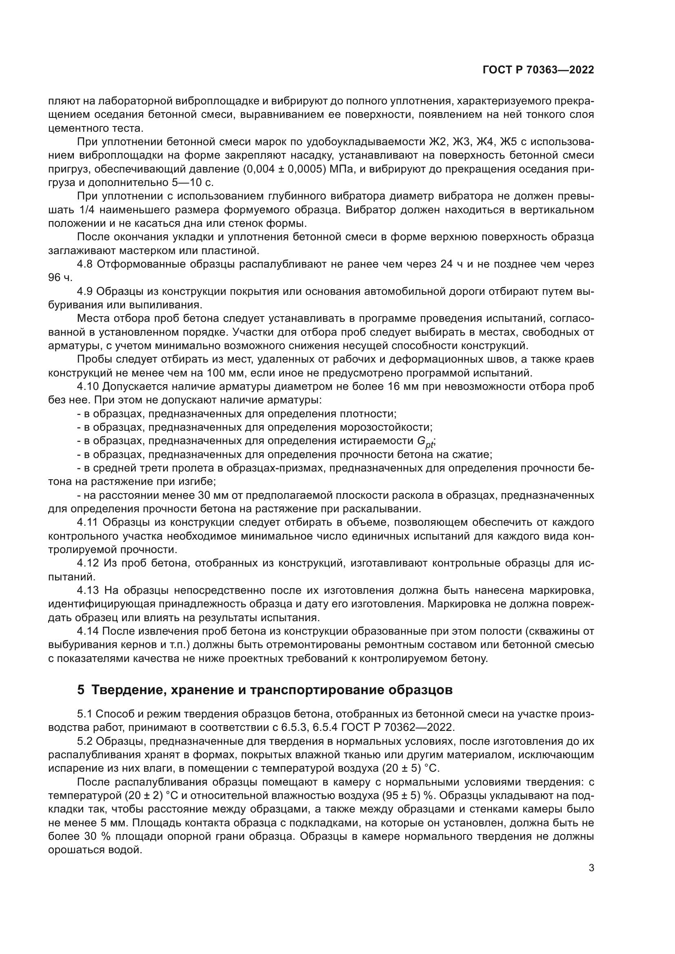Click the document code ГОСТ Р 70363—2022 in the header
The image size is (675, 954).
[538, 70]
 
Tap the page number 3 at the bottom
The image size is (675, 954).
[591, 868]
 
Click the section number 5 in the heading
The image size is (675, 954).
[81, 690]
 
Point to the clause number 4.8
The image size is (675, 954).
[85, 264]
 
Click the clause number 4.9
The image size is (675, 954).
[85, 291]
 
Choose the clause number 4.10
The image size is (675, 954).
[88, 387]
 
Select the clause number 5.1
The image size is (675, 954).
[85, 714]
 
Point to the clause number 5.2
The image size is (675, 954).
[85, 741]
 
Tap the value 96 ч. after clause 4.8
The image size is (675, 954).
[60, 278]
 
